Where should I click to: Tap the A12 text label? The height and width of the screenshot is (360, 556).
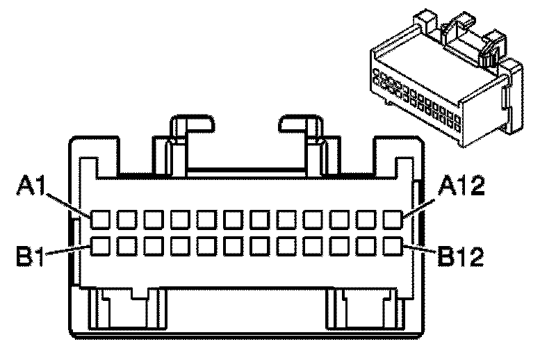point(461,186)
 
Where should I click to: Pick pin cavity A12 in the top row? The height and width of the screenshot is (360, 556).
point(393,220)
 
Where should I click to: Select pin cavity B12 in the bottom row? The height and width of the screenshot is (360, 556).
point(393,245)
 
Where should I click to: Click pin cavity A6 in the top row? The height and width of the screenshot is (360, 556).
point(234,220)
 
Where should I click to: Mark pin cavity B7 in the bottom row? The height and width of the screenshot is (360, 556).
point(260,245)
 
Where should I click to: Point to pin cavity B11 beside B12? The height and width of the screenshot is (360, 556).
point(367,245)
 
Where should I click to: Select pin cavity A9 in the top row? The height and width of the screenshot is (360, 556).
point(313,220)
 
